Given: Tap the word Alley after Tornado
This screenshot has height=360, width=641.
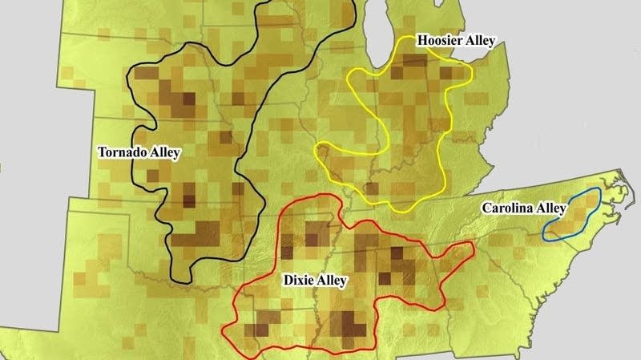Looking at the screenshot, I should (164, 152).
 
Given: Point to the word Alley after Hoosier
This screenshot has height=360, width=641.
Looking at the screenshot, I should (480, 40).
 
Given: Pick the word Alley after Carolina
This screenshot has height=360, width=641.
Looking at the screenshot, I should (551, 208).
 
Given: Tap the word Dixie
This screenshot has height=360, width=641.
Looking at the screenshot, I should (300, 281).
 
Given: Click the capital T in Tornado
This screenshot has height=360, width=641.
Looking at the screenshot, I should (101, 152).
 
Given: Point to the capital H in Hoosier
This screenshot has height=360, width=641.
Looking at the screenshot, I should (421, 40).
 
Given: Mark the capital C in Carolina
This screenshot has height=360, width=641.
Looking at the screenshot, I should (486, 208).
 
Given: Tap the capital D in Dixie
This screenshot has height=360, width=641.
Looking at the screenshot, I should (288, 281).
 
